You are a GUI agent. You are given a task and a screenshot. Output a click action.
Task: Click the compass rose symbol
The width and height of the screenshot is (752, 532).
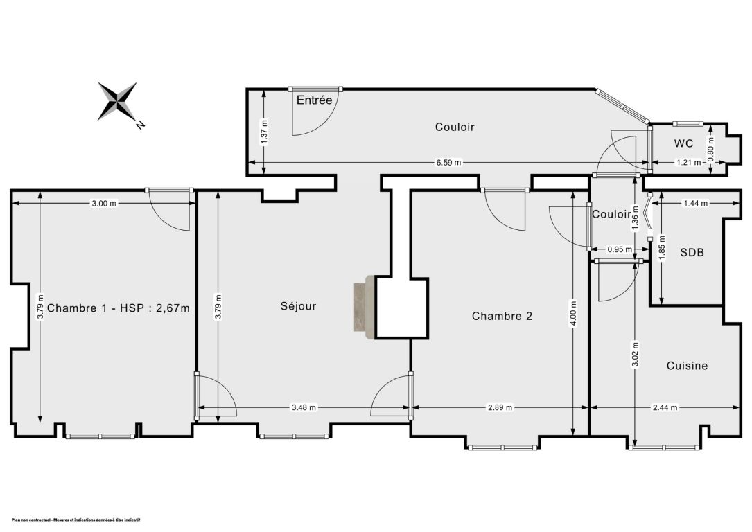[117, 101]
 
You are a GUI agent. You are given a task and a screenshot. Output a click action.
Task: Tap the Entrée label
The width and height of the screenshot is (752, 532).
[314, 100]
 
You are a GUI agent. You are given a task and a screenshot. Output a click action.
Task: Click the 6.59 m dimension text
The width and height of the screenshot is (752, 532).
[448, 163]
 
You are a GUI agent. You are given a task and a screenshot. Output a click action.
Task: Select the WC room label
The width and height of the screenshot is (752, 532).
[683, 143]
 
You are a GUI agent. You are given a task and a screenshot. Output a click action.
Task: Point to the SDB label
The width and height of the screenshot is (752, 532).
[692, 252]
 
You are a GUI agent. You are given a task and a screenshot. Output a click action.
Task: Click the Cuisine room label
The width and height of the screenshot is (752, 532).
[688, 366]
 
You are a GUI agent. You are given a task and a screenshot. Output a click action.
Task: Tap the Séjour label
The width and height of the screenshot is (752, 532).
[298, 305]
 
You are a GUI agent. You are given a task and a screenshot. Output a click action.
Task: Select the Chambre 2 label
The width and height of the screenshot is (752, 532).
[502, 316]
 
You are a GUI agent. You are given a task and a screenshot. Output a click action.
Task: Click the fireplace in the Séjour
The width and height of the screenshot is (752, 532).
[365, 308]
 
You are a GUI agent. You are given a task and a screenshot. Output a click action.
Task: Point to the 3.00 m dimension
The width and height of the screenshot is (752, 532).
[103, 203]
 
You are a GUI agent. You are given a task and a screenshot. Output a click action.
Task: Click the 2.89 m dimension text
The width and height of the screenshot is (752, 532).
[500, 407]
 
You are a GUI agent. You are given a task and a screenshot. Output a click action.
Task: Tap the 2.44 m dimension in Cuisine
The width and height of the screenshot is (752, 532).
[665, 407]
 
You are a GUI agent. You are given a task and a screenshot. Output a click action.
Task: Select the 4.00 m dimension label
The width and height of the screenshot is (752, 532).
[574, 313]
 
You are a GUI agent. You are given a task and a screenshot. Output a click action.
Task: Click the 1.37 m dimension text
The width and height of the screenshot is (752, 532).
[264, 130]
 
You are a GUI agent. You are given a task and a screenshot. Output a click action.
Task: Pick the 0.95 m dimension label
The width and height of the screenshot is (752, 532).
[620, 249]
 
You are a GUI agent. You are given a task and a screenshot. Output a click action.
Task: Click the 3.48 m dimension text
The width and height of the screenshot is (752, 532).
[304, 407]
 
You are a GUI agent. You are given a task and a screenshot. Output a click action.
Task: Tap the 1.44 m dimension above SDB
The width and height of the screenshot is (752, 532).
[695, 203]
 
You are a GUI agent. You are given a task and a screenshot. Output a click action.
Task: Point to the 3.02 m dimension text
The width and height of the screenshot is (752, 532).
[635, 354]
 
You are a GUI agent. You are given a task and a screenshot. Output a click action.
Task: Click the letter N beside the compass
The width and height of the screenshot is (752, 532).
[140, 125]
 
